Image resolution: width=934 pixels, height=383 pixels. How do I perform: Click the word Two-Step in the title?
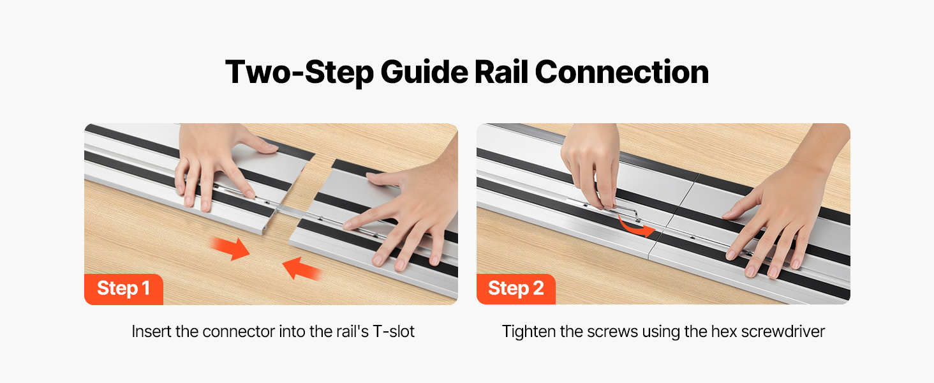pos(299,72)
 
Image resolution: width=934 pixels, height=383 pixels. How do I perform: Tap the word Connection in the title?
pos(621,71)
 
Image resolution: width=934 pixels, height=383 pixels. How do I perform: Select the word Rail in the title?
pos(501,71)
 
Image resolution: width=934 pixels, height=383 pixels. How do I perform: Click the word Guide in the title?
pos(424,71)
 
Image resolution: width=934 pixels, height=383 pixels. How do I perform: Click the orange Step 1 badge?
pos(123,289)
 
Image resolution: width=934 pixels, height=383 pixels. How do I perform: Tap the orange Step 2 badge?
pos(515,289)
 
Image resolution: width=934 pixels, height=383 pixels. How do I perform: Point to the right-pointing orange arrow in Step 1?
pos(230,248)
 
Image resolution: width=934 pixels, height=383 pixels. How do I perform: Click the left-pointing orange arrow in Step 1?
pos(302,269)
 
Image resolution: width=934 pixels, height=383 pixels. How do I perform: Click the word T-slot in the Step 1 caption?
pos(394,332)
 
